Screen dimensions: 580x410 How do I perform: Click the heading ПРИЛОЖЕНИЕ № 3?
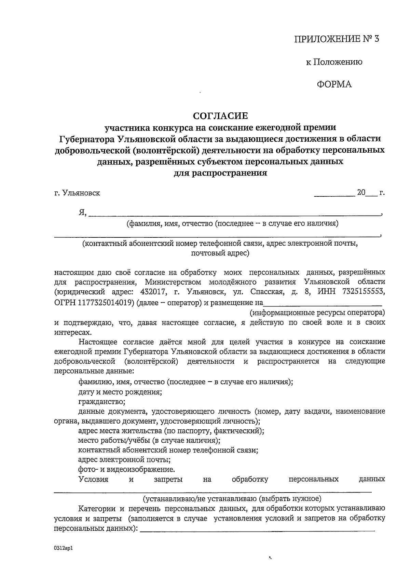(x=337, y=39)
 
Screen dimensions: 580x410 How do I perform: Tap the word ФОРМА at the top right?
(x=334, y=84)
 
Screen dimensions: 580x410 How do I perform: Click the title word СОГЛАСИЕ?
(x=220, y=116)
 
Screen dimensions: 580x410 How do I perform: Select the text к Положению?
(x=334, y=62)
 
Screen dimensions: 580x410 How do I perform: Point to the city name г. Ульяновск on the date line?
(x=77, y=193)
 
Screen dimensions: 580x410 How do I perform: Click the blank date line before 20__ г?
(x=334, y=195)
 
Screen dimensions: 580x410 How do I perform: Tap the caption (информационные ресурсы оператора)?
(x=317, y=313)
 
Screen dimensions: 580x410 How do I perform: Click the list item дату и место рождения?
(x=120, y=392)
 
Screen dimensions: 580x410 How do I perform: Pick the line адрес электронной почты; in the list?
(x=124, y=459)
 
